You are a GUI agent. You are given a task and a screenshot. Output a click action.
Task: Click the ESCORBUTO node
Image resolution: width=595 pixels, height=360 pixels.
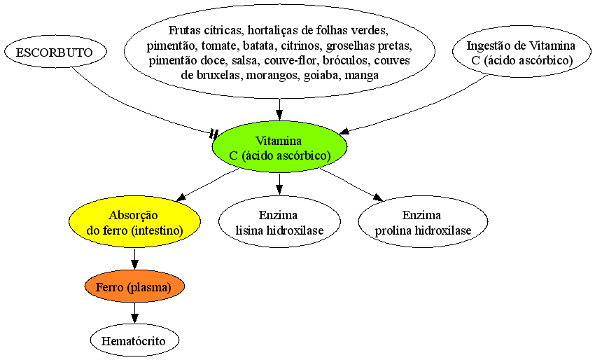[55, 52]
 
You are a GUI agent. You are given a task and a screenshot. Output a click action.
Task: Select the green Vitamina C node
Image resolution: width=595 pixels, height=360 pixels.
[280, 148]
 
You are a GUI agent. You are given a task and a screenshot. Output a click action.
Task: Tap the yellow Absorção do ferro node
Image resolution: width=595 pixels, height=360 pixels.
[134, 223]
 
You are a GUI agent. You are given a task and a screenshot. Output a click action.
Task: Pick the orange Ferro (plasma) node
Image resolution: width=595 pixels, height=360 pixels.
[134, 287]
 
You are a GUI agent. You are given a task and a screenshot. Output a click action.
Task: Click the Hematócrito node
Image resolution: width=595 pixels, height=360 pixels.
[134, 340]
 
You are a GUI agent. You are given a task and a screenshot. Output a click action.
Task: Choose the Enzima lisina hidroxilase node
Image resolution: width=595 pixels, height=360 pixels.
[280, 223]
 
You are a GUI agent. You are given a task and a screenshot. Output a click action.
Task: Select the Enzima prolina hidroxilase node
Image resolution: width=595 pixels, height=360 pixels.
[423, 223]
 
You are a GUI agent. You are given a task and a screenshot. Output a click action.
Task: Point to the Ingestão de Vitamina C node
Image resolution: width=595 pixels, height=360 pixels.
[521, 53]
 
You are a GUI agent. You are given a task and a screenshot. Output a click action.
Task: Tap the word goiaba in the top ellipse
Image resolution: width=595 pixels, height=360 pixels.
[323, 76]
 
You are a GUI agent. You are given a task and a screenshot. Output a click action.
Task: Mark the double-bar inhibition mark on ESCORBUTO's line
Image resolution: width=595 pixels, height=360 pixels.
[214, 133]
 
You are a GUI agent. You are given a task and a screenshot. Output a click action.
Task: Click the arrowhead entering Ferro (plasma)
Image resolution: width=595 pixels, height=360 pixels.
[134, 265]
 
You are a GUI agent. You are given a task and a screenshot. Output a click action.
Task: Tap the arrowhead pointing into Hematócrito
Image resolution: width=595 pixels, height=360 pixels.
[134, 319]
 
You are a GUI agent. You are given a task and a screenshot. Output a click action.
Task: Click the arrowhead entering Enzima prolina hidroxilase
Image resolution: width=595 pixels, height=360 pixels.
[377, 198]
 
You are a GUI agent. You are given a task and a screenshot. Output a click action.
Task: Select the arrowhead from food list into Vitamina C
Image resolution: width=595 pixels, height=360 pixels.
[280, 116]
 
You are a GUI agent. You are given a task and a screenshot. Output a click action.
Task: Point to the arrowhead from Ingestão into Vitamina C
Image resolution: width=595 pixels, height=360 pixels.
[344, 131]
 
